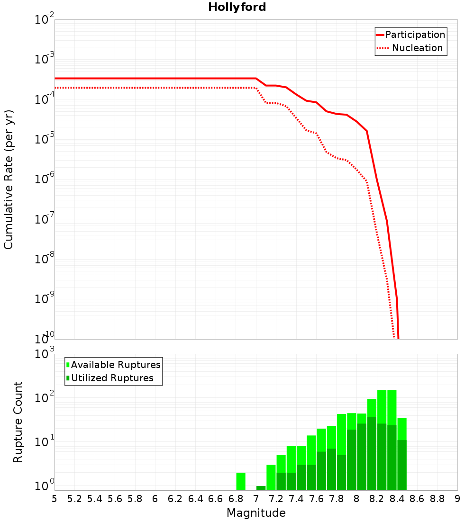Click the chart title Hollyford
pos(237,7)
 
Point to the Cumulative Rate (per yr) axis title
pos(9,180)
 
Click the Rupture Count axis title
pos(18,422)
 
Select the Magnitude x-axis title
pos(256,513)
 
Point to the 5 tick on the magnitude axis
pos(55,499)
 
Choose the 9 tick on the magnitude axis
pos(457,499)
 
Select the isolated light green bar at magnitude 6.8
pos(241,481)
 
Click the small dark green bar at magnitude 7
pos(261,488)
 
